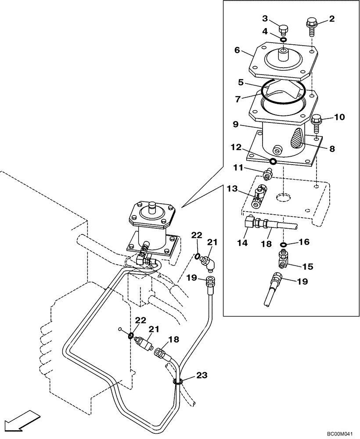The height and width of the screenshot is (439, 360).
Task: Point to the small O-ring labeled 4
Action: pyautogui.click(x=284, y=40)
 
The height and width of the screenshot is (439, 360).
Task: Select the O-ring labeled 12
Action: pyautogui.click(x=273, y=162)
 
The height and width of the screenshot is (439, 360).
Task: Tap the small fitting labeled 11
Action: pyautogui.click(x=267, y=174)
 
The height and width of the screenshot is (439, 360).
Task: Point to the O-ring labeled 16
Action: pyautogui.click(x=284, y=245)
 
